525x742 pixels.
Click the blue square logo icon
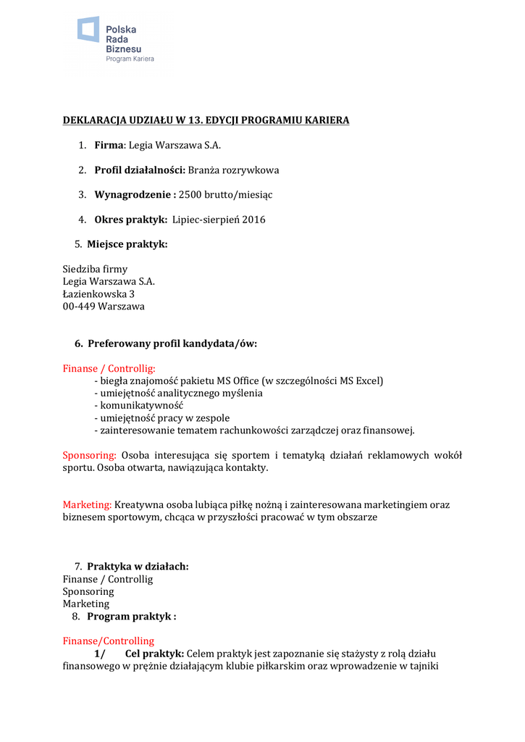pos(88,29)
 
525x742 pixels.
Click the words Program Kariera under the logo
pos(130,59)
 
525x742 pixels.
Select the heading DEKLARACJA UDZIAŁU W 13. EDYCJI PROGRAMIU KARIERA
pos(206,120)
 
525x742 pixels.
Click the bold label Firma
pos(109,145)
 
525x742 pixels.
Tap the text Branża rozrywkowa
pos(234,170)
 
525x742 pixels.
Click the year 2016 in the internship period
pos(253,220)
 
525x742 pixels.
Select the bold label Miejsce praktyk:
pos(127,244)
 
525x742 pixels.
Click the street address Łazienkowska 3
pos(98,294)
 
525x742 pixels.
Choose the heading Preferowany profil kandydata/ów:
pos(172,343)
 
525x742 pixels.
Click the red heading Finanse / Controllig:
pos(109,369)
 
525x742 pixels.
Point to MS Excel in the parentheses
pos(359,381)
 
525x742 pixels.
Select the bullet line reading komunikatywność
pos(139,406)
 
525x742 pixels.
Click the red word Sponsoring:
pos(89,456)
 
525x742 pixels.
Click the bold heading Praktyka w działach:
pos(138,567)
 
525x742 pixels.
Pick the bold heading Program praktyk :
pos(132,617)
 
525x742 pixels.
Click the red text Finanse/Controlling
pos(109,641)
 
